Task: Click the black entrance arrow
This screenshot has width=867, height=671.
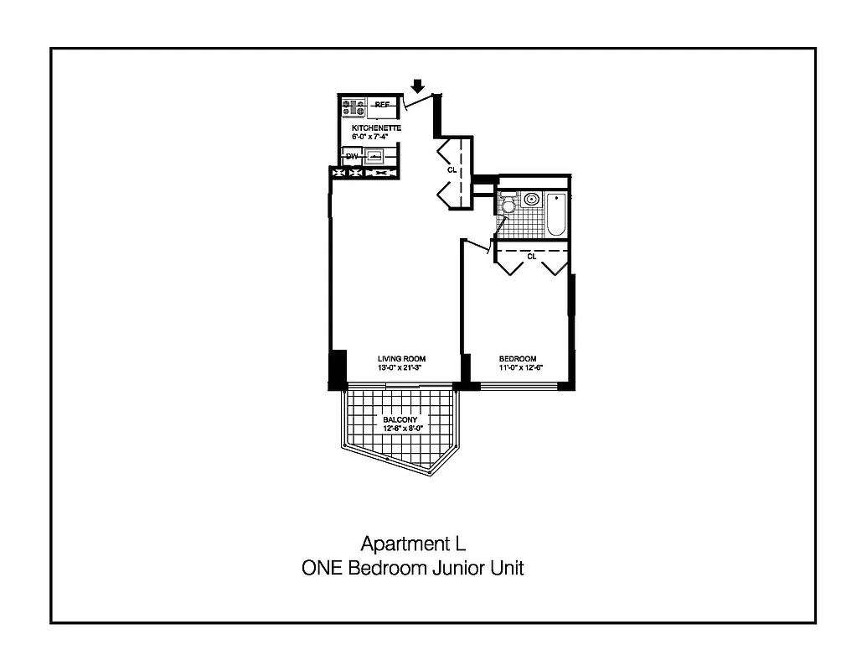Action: (418, 86)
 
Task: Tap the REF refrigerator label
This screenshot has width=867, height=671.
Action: (382, 105)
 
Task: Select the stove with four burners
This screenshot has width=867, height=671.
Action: (353, 107)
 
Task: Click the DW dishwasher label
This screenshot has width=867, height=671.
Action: (352, 156)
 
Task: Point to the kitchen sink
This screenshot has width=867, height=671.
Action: (376, 156)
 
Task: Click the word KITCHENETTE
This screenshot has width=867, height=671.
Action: (376, 127)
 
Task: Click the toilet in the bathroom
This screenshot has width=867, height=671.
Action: (507, 206)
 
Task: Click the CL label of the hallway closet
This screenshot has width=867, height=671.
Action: (452, 169)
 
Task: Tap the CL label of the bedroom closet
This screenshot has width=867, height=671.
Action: (531, 257)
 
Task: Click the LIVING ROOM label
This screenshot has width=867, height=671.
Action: (401, 359)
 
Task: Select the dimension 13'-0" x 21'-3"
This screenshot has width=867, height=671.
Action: (401, 367)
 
